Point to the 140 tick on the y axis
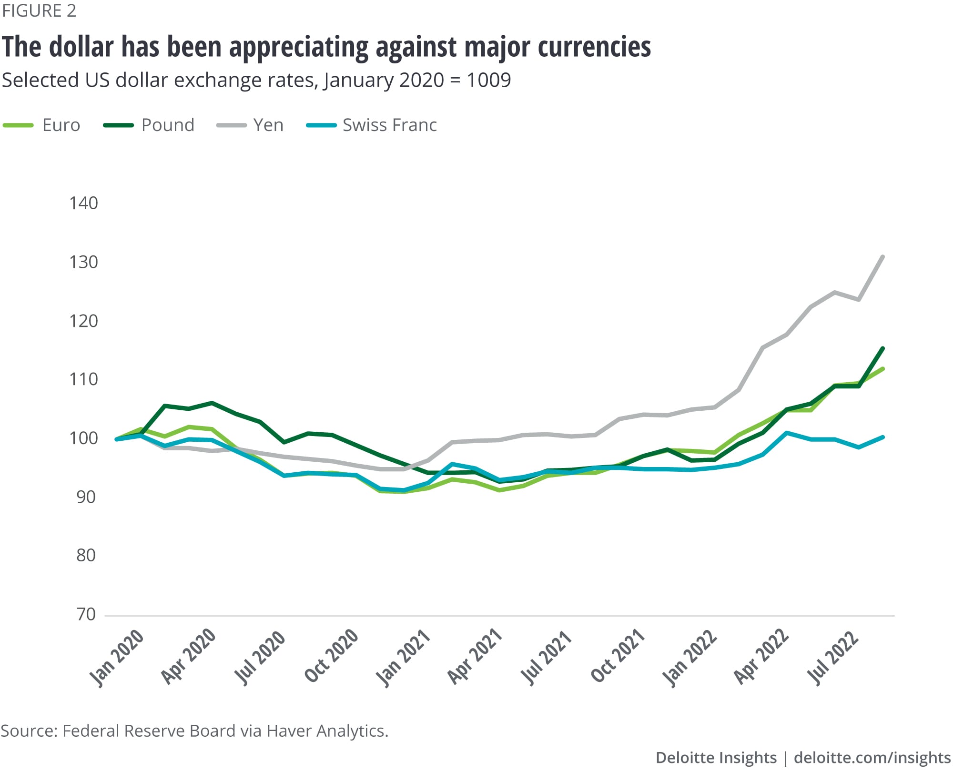tap(84, 203)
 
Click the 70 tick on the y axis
tap(86, 615)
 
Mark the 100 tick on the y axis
tap(84, 438)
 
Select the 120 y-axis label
tap(84, 321)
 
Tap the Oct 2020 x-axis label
tap(332, 656)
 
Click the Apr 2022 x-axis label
tap(761, 657)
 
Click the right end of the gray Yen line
tap(883, 257)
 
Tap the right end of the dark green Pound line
tap(883, 348)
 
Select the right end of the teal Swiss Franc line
tap(883, 437)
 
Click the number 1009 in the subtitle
tap(488, 80)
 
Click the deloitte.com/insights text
tap(872, 758)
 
